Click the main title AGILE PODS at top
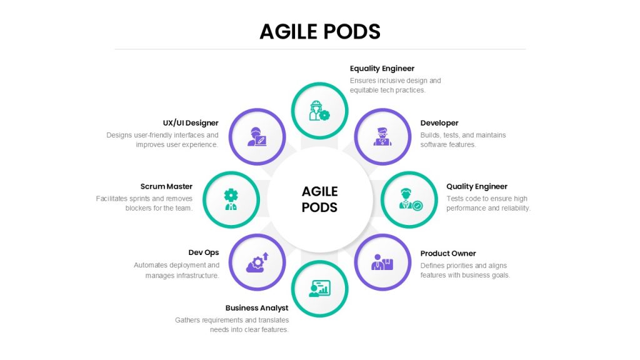(320, 31)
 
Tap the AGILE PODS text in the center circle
(319, 199)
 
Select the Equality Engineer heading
(382, 69)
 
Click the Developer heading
(439, 123)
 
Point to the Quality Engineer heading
(477, 186)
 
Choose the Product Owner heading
(448, 254)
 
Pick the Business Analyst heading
(257, 308)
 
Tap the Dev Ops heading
(204, 252)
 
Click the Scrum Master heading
(166, 186)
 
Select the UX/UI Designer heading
(191, 123)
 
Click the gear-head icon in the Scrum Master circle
(231, 199)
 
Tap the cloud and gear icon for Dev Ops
(257, 262)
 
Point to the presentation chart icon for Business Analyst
(319, 289)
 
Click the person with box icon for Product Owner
(382, 262)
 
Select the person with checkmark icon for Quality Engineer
(411, 199)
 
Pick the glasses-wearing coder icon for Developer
(382, 137)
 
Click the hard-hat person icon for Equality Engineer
(319, 111)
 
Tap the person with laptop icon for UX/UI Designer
(257, 137)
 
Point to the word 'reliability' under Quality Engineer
(516, 208)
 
